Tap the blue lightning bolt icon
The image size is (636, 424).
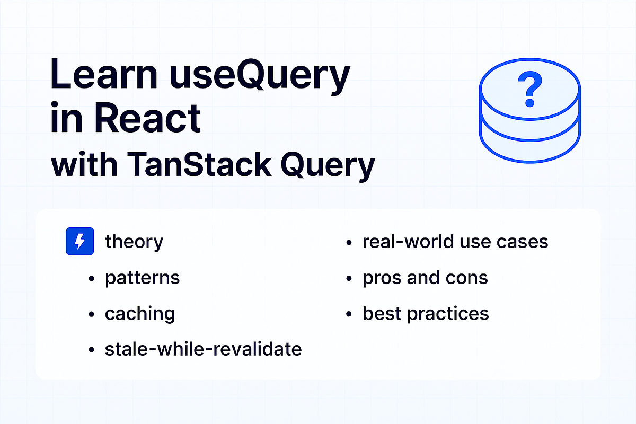79,242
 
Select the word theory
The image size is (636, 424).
134,242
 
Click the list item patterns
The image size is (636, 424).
142,278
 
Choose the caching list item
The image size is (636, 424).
140,313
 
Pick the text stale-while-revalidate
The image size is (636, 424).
203,349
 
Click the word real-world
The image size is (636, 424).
402,242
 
